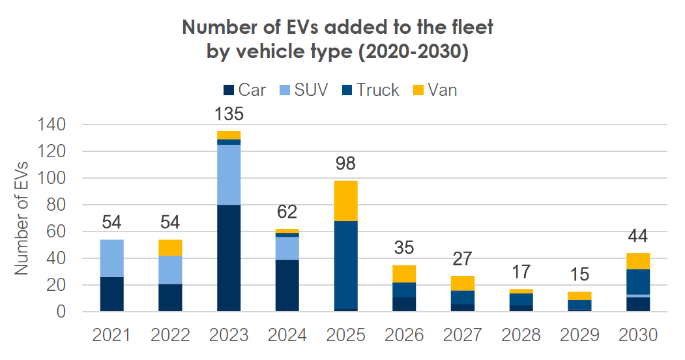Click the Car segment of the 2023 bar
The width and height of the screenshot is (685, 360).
coord(229,258)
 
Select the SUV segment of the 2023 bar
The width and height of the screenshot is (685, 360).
coord(229,175)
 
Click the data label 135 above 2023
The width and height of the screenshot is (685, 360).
coord(229,115)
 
